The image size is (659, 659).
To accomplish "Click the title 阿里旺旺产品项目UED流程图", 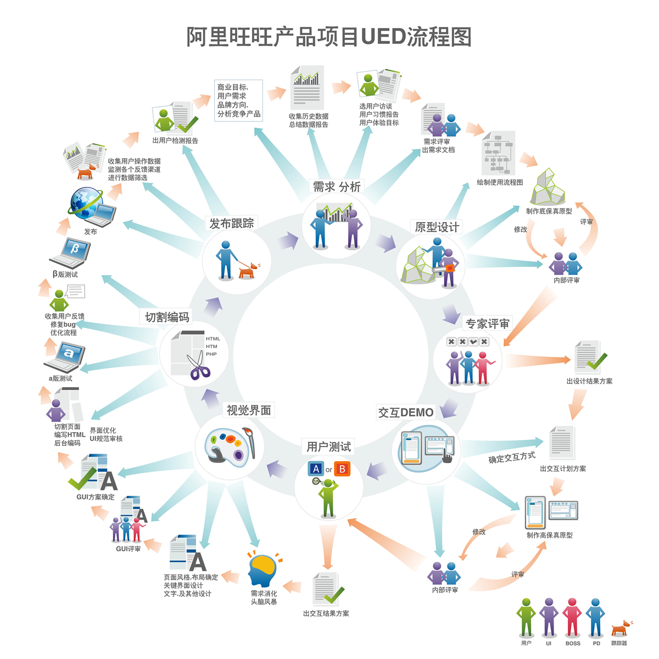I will (x=329, y=37).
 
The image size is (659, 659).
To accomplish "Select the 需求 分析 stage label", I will (x=337, y=187).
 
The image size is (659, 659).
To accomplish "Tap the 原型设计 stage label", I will (x=437, y=227).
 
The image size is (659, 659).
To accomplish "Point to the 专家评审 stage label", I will (x=487, y=323).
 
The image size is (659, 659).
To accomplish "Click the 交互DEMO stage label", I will (x=405, y=412).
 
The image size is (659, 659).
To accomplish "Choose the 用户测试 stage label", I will (x=328, y=447).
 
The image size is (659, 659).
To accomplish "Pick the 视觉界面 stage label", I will (x=249, y=410).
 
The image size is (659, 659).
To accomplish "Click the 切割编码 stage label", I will (x=167, y=317).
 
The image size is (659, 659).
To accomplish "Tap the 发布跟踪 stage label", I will (x=232, y=223).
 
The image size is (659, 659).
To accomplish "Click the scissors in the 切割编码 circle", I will (x=199, y=366).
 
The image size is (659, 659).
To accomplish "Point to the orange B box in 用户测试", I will (x=342, y=469).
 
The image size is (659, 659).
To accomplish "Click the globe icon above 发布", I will (x=86, y=202).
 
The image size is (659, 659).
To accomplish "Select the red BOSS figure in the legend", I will (x=572, y=617).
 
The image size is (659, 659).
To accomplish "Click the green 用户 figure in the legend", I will (x=526, y=617).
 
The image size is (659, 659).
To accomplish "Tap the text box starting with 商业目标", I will (x=238, y=100).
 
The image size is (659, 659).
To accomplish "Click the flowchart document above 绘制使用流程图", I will (x=499, y=153).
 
